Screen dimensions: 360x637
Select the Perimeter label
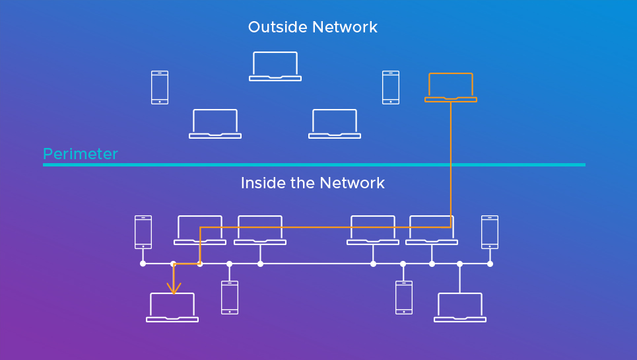tap(80, 154)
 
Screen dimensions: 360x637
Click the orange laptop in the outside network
tap(451, 87)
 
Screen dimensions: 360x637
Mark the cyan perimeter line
tap(314, 164)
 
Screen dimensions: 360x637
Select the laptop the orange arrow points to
tap(172, 307)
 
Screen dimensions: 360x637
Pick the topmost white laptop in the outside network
tap(275, 66)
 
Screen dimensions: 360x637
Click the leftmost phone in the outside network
tap(160, 87)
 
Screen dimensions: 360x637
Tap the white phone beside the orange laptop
tap(391, 87)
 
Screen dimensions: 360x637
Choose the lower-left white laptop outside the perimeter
tap(215, 124)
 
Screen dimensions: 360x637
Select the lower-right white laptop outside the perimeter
tap(335, 124)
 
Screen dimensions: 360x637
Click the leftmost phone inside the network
tap(143, 232)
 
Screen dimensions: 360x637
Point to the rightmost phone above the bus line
tap(490, 232)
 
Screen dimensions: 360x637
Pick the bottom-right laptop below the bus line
tap(460, 307)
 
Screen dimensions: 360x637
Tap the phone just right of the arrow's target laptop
tap(230, 297)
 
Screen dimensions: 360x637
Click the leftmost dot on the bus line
tap(143, 264)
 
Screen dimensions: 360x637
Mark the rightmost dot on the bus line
tap(490, 264)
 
